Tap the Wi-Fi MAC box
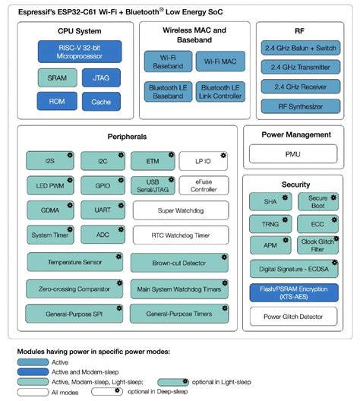219,62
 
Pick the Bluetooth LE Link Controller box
219,92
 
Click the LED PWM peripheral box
49,185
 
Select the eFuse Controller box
204,185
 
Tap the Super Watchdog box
180,210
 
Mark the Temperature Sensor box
74,262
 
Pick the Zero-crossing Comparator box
74,288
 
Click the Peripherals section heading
127,137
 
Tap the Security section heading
295,185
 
